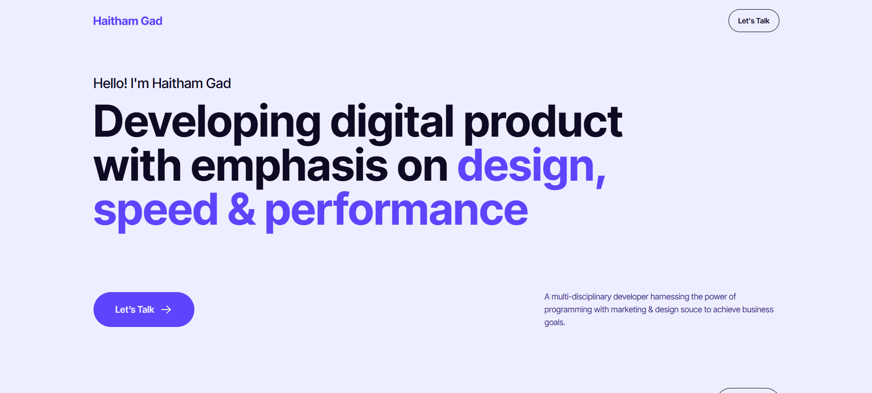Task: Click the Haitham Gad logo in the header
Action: pos(127,21)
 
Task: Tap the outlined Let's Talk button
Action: pos(753,21)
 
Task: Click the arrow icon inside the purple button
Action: pos(166,310)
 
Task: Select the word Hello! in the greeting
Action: pos(110,83)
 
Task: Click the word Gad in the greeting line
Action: pos(218,83)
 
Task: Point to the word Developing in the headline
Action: pos(207,122)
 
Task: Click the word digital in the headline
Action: pos(392,122)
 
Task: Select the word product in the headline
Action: pos(543,122)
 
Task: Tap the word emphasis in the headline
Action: pos(289,166)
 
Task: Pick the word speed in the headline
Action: pos(155,210)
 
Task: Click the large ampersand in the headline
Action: pos(242,210)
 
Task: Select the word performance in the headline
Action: pos(397,210)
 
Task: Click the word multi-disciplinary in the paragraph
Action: pos(581,297)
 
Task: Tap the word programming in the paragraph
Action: pos(568,310)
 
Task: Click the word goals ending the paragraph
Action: pos(554,322)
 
